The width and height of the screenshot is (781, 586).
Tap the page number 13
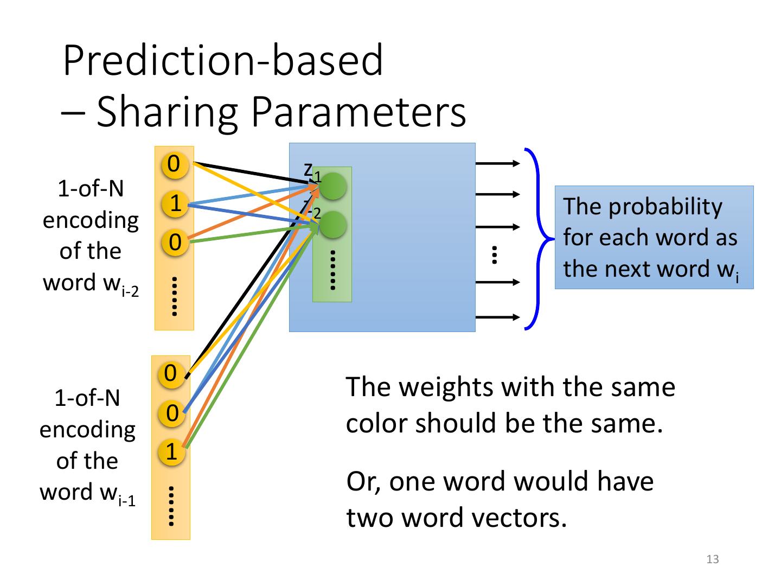coord(713,559)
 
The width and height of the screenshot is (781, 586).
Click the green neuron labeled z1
coord(333,186)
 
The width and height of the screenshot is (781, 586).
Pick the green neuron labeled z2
coord(332,224)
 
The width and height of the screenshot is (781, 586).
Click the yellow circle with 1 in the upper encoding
coord(175,203)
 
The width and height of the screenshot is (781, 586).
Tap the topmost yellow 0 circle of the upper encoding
coord(174,164)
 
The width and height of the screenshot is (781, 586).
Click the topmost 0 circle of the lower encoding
coord(171,373)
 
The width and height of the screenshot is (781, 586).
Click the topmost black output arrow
coord(497,163)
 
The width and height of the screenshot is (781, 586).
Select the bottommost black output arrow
coord(497,317)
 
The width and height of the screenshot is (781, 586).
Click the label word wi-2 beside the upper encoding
coord(91,283)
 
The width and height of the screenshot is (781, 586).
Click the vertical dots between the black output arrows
coord(494,254)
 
